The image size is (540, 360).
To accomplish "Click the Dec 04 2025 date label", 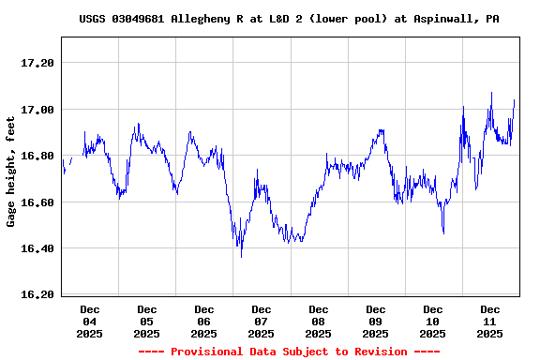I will tap(90, 321).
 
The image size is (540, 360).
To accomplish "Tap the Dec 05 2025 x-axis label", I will tap(147, 321).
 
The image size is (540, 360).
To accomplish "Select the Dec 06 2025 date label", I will tap(204, 321).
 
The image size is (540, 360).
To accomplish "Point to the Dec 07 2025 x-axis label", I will tap(262, 321).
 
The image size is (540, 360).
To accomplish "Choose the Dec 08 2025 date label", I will tap(319, 321).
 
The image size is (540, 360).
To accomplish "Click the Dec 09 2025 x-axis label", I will tap(376, 321).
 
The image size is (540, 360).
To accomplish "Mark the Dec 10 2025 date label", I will tap(433, 321).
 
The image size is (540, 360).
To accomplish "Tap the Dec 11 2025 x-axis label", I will tap(490, 321).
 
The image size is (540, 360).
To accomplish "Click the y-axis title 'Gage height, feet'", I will tap(11, 171).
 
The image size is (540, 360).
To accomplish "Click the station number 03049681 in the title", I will tap(140, 19).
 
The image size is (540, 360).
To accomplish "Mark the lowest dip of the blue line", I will tap(241, 256).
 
